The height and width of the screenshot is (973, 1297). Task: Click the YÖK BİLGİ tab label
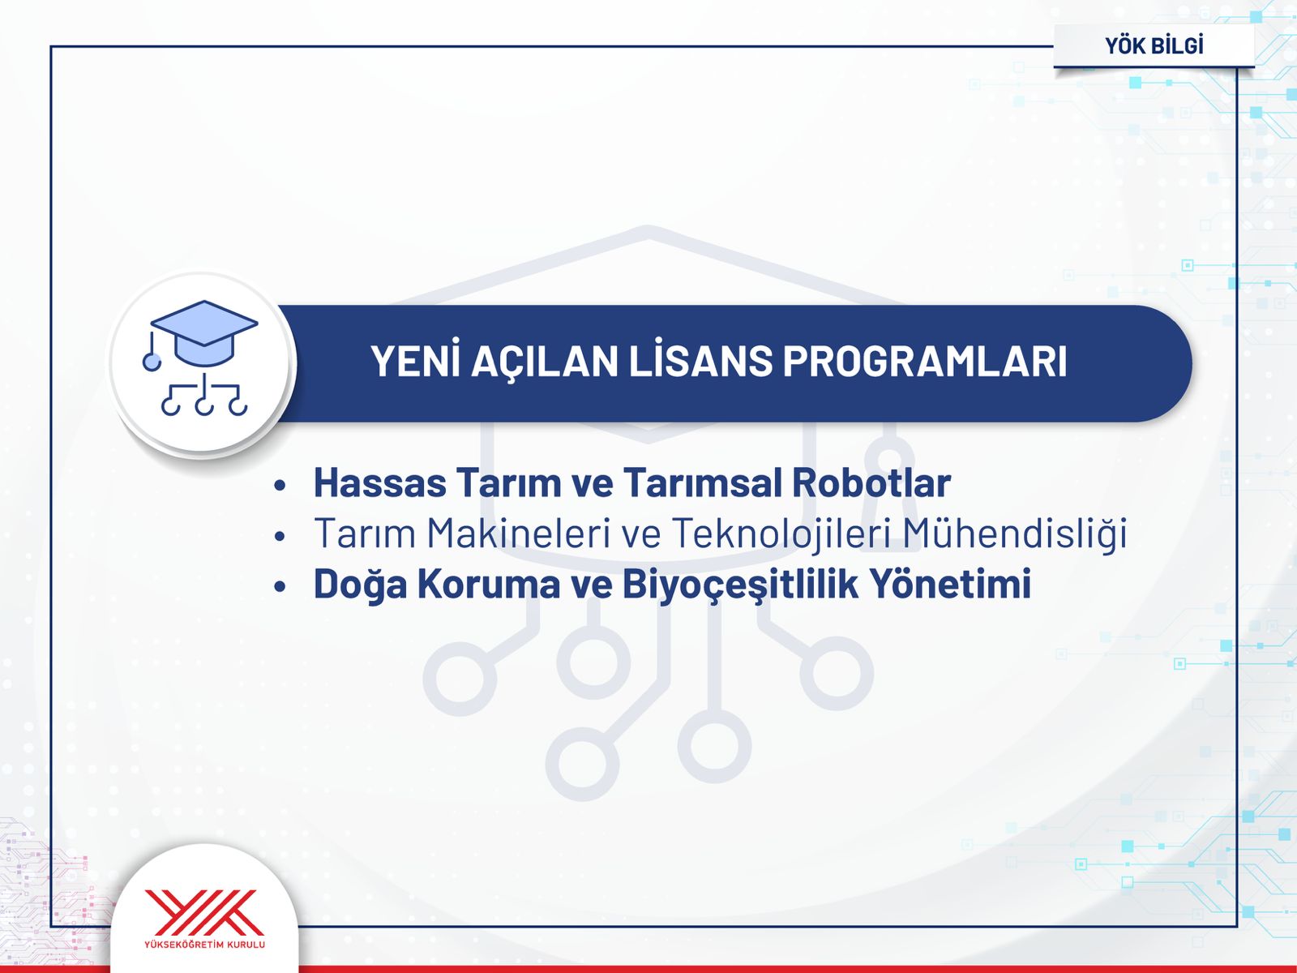1154,45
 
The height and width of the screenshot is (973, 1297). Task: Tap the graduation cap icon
201,358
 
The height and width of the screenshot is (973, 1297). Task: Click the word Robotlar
871,482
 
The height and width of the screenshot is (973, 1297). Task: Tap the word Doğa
360,585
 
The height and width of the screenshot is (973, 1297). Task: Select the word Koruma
488,583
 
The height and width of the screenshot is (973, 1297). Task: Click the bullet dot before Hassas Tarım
280,486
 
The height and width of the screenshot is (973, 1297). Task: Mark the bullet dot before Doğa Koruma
280,586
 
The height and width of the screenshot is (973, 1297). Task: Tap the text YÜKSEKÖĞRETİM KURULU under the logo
204,945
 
